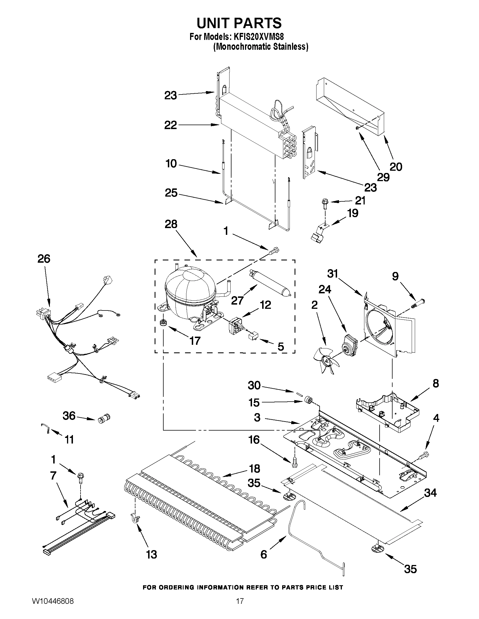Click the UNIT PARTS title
[x=239, y=23]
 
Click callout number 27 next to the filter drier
[x=237, y=300]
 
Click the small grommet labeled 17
[x=163, y=322]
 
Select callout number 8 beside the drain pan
[x=436, y=383]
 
